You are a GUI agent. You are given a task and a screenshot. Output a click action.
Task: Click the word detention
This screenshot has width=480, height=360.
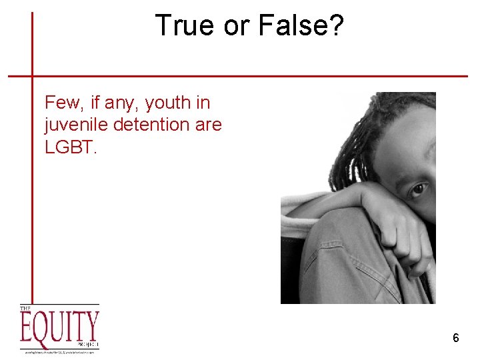[x=155, y=125]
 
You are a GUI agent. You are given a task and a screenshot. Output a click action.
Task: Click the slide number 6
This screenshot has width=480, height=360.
[x=455, y=338]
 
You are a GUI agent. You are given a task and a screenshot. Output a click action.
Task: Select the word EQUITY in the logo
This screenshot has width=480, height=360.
[x=59, y=327]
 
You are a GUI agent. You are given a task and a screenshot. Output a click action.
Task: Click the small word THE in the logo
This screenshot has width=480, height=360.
[x=26, y=308]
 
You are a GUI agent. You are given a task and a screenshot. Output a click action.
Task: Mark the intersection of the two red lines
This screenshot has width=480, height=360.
[x=32, y=75]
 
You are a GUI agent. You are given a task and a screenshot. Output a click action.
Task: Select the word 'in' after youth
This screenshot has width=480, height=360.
[x=202, y=103]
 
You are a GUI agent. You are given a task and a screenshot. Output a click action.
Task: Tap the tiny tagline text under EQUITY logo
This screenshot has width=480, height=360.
[x=59, y=351]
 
